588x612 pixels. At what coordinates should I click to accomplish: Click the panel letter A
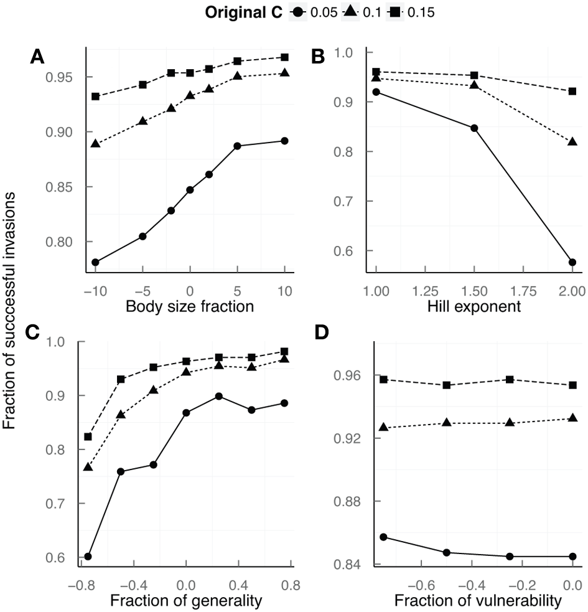coord(38,57)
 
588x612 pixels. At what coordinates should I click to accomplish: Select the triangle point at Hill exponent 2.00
coord(572,143)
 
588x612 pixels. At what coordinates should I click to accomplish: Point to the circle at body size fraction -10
coord(95,262)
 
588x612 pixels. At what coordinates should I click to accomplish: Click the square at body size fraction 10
coord(284,57)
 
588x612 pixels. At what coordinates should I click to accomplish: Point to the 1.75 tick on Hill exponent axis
coord(523,289)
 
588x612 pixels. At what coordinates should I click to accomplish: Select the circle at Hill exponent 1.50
coord(474,128)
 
